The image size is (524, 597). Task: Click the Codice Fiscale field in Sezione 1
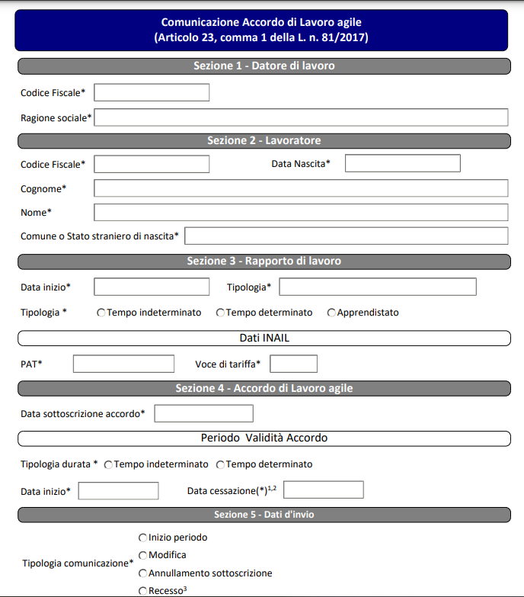152,92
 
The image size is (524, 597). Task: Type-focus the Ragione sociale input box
301,117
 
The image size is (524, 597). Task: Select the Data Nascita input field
403,163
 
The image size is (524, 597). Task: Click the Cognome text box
301,188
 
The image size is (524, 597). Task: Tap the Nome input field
301,212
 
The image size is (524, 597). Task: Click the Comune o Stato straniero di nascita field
346,236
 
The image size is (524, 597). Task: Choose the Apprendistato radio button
331,313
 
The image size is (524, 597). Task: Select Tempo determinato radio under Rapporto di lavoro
221,313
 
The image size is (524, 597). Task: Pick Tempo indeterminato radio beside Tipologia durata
109,464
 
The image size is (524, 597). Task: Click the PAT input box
123,364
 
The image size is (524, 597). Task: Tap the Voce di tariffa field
293,364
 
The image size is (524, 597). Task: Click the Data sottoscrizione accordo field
203,413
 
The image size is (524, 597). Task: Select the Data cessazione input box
323,490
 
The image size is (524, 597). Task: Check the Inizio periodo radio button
142,538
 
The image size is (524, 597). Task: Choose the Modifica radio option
142,555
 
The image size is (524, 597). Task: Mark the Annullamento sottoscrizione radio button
142,573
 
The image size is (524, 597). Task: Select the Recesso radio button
142,591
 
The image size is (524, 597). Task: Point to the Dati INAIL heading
264,338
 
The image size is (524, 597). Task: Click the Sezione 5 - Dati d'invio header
264,515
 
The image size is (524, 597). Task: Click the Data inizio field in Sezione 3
152,287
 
